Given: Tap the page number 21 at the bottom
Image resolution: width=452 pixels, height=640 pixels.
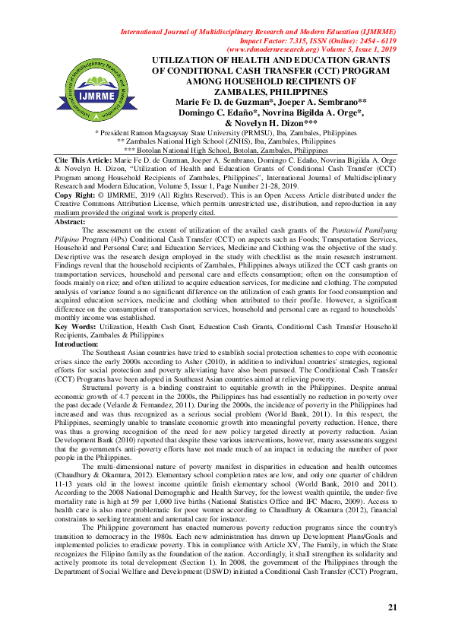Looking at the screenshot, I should [392, 607].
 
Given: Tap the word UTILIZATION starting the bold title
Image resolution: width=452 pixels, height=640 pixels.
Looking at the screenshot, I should [191, 59].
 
